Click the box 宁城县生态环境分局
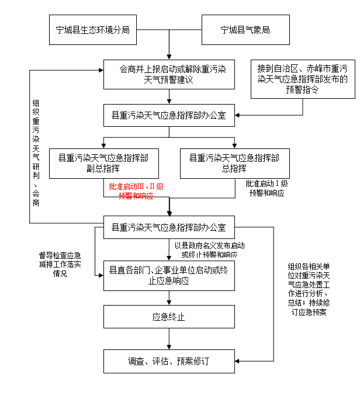(93, 29)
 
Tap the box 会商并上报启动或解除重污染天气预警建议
(169, 74)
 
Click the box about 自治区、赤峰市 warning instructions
(303, 78)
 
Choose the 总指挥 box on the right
(234, 163)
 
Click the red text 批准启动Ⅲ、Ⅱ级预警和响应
(136, 191)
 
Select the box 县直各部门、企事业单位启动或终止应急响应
(169, 275)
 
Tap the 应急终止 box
(169, 317)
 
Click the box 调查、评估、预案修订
(169, 361)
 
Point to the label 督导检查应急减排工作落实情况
(60, 264)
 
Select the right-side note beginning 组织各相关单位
(309, 289)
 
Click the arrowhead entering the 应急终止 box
(169, 302)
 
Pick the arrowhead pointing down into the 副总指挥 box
(103, 144)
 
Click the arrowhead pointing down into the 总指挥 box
(234, 144)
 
